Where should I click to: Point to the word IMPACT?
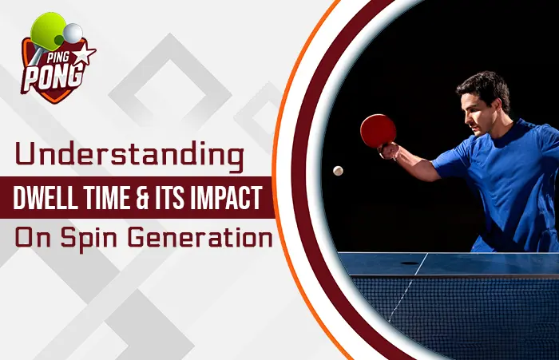pos(225,198)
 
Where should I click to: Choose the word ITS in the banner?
pos(169,198)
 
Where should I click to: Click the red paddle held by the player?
pos(378,131)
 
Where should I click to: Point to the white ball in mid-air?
pos(338,171)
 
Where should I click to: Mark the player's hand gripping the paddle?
pos(389,151)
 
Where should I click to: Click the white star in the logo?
pos(85,53)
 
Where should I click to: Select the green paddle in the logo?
pos(47,30)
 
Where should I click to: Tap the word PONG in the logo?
pos(53,77)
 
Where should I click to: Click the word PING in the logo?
pos(57,57)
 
